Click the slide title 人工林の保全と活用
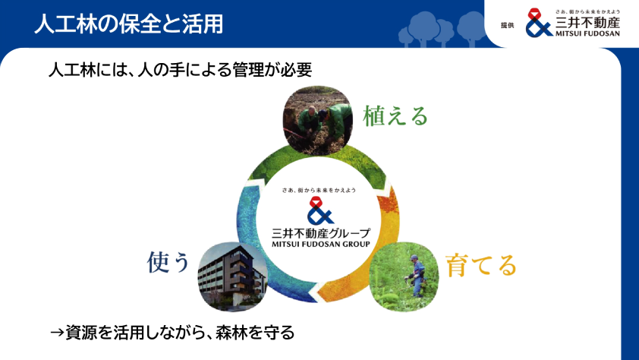tap(129, 24)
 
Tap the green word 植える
tap(395, 115)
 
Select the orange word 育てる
tap(480, 265)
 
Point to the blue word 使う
tap(168, 262)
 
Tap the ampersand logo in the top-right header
tap(540, 24)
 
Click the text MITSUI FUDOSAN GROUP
tap(320, 245)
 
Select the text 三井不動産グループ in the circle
tap(320, 232)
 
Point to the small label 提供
tap(508, 25)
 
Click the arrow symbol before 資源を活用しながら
tap(56, 332)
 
